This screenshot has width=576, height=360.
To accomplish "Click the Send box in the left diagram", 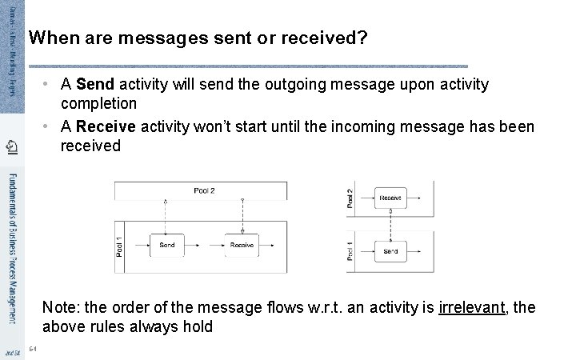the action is (167, 245).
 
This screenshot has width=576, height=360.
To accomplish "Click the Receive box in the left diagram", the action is (242, 245).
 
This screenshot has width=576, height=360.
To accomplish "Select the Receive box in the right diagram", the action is (390, 198).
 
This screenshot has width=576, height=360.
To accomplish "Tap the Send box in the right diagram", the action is (390, 251).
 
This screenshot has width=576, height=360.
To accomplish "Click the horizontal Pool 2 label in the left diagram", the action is (204, 190).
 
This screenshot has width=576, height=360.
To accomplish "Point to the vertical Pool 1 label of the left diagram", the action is (121, 246).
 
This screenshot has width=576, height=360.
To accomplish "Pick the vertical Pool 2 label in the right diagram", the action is (350, 198).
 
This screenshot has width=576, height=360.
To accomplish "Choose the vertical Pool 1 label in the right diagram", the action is (350, 251).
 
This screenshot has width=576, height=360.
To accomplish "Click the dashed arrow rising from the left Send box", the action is (166, 216).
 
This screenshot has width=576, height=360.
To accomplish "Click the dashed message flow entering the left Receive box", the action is (242, 216).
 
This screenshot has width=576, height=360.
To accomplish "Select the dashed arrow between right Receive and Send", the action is (390, 225).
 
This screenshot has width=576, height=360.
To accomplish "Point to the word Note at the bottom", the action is (58, 308).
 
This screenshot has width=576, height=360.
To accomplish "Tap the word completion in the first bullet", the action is (98, 104).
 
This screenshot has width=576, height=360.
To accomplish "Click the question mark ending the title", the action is (362, 38).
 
